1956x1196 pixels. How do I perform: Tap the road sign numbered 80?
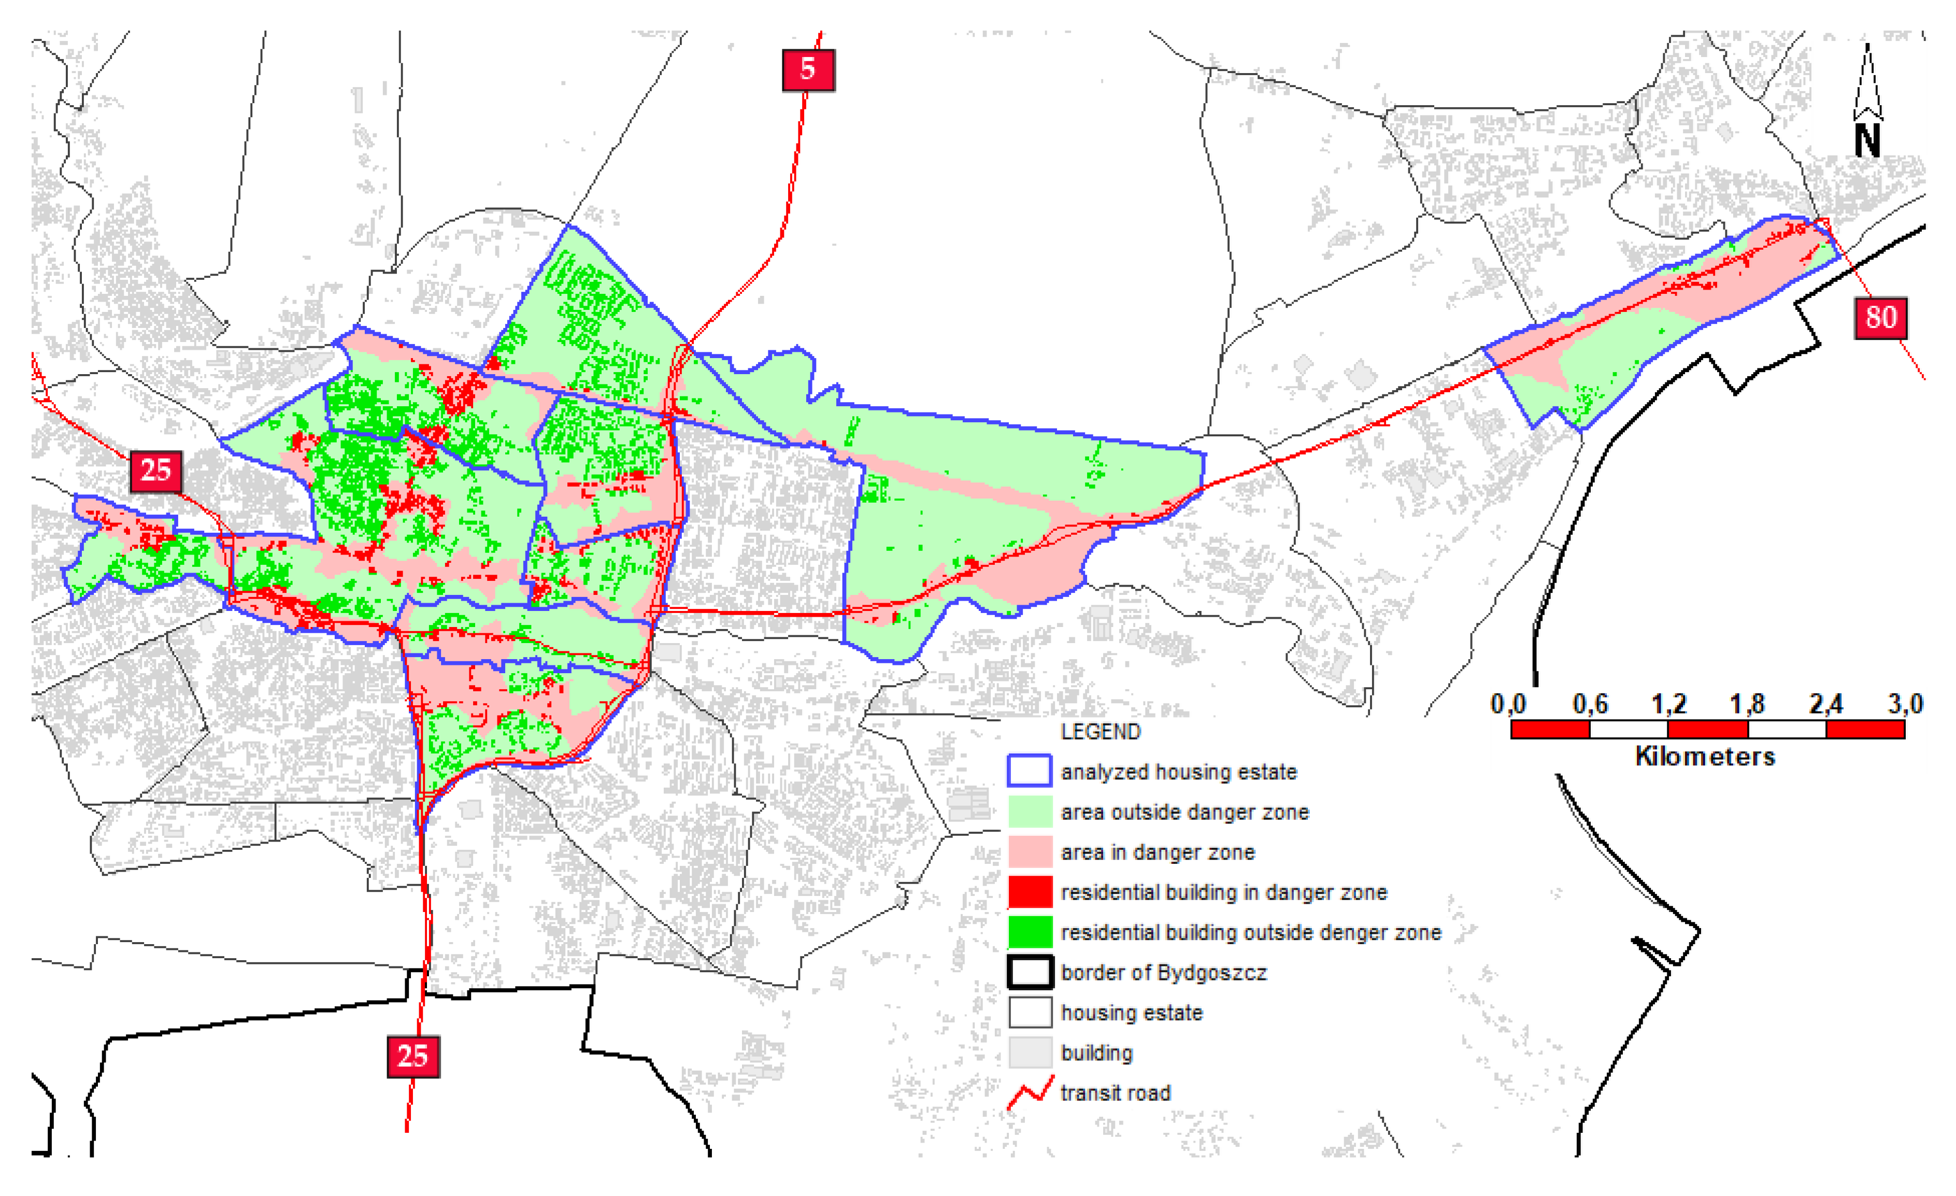1880,318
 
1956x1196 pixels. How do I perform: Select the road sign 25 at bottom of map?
413,1056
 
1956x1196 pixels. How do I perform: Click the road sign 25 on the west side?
155,471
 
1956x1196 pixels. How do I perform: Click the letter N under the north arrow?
1867,142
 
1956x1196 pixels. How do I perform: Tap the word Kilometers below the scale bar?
1705,756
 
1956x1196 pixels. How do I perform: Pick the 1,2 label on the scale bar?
1668,704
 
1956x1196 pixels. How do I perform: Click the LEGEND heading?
1100,731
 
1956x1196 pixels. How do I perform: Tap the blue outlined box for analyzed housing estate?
1030,771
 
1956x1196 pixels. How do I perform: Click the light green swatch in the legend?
1030,811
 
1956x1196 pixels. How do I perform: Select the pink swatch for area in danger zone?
1030,851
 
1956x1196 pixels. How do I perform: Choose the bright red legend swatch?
1030,891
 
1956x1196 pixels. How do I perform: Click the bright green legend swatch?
1030,932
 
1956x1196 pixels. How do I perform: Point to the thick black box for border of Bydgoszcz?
1030,972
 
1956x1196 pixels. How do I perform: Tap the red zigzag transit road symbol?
1030,1093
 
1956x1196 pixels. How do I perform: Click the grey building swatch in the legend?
1030,1052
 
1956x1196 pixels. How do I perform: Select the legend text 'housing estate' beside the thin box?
1131,1013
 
